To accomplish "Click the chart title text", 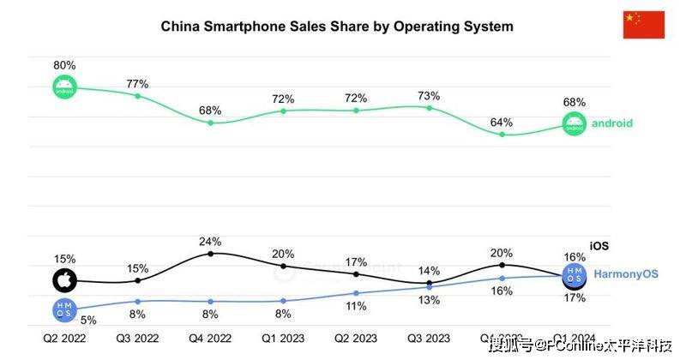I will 337,27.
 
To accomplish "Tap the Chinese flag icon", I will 643,26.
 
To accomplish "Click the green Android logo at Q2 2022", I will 65,87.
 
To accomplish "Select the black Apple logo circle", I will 64,280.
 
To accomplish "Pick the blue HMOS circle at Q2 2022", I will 64,309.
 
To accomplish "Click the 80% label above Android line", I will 65,65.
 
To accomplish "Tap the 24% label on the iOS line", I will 210,242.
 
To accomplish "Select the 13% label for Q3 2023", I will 429,300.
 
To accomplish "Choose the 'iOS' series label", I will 599,246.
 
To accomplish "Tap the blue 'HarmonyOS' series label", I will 627,274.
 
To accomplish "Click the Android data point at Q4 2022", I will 211,123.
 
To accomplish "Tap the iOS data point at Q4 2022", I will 211,254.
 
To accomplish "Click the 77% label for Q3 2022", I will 137,84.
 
